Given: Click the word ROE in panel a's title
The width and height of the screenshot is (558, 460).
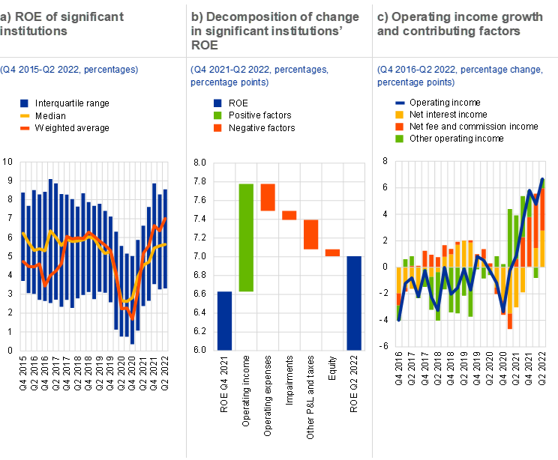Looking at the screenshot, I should (25, 16).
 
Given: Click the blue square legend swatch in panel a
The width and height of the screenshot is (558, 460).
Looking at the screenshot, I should (25, 103).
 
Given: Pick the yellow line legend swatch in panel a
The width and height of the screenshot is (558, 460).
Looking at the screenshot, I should (25, 116).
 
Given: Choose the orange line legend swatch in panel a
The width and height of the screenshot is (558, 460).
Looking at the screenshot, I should (25, 128).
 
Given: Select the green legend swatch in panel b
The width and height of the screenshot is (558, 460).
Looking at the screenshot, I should (218, 115).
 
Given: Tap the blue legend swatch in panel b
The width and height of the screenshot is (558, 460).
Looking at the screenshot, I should (218, 103).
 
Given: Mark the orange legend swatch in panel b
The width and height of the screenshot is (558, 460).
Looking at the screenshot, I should (218, 128).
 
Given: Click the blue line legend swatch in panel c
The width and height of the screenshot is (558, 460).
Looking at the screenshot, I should (400, 103).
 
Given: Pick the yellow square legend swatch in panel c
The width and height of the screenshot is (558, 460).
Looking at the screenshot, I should (400, 115).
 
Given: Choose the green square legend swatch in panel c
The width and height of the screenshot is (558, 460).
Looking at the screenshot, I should (400, 139).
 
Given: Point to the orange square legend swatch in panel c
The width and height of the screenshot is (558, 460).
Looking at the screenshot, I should (400, 127).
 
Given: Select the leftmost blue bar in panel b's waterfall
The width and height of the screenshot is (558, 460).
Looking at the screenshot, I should (224, 321).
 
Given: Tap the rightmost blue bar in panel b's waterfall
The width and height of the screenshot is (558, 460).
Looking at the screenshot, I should (354, 303).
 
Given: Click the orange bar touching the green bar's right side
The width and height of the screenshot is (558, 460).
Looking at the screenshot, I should (268, 197).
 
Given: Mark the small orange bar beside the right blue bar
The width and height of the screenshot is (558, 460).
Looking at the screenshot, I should (332, 252).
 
